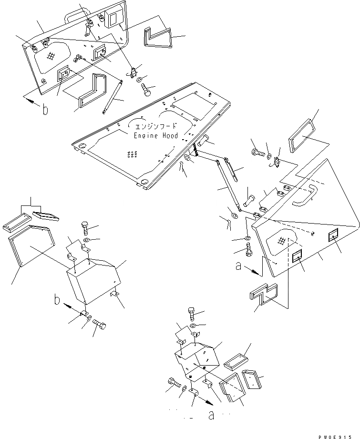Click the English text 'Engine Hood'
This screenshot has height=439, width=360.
click(156, 136)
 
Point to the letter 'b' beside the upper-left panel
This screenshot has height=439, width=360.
click(45, 111)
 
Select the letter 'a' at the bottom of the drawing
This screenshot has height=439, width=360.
click(211, 415)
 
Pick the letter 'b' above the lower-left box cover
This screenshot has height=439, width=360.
click(57, 301)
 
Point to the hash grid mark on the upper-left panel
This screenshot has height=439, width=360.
click(51, 56)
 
